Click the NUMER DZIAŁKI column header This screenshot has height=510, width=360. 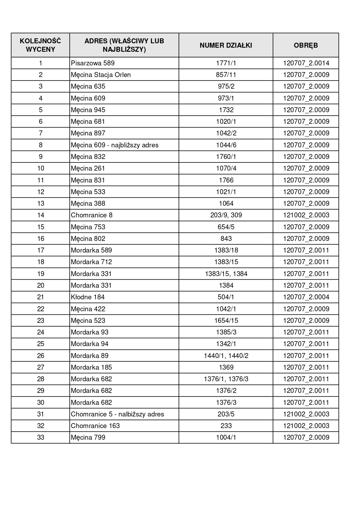tap(226, 45)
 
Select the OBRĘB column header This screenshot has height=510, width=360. tap(306, 45)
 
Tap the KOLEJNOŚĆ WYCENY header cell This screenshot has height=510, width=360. tap(40, 45)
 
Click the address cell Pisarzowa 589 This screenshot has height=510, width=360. tap(93, 63)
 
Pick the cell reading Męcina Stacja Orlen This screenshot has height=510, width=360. tap(101, 75)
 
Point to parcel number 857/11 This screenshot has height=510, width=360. tap(226, 75)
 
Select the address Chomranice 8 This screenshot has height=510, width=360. tap(91, 215)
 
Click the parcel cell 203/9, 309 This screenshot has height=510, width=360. tap(226, 215)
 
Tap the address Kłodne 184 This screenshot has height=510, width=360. tap(88, 297)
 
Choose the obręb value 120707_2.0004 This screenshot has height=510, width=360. tap(306, 297)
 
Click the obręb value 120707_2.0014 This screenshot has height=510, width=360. tap(306, 63)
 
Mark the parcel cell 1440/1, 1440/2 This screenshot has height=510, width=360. tap(226, 355)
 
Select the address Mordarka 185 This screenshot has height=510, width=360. tap(91, 367)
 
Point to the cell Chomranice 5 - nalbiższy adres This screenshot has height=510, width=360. tap(117, 414)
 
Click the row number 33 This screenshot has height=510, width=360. tap(40, 437)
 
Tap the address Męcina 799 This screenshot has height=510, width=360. tap(88, 437)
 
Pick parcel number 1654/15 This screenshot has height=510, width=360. tap(226, 321)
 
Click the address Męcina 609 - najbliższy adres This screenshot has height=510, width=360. tap(115, 145)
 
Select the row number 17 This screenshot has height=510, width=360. tap(40, 250)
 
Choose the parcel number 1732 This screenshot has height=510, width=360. tap(226, 110)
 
